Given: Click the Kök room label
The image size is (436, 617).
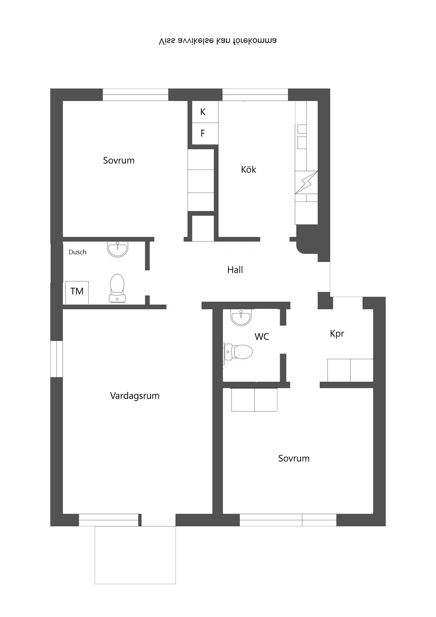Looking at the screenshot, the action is click(249, 170).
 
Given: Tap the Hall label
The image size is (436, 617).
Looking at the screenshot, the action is click(235, 270).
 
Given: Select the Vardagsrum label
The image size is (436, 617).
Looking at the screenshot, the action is click(135, 396).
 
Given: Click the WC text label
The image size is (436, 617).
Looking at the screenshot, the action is click(262, 337).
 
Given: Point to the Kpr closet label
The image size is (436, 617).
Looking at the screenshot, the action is click(337, 333).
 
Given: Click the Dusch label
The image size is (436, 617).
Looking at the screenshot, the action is click(77, 252).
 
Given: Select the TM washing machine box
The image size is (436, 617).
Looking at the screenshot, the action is click(77, 292).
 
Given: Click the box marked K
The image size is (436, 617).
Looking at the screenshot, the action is click(203, 112).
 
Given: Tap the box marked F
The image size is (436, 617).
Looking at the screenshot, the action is click(203, 133).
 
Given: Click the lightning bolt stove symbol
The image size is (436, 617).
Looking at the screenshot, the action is click(306, 182).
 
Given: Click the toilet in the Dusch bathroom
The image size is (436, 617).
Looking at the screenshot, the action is click(117, 288).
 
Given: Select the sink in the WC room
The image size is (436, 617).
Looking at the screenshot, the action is click(241, 317).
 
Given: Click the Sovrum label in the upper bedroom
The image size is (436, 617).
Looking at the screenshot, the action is click(119, 160).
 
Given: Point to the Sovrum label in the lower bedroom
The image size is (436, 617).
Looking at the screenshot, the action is click(294, 458).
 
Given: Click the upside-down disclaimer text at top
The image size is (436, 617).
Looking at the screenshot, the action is click(218, 41).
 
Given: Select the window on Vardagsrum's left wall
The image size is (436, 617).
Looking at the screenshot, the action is click(57, 359).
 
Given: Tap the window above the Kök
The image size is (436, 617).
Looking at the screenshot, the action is click(255, 95).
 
